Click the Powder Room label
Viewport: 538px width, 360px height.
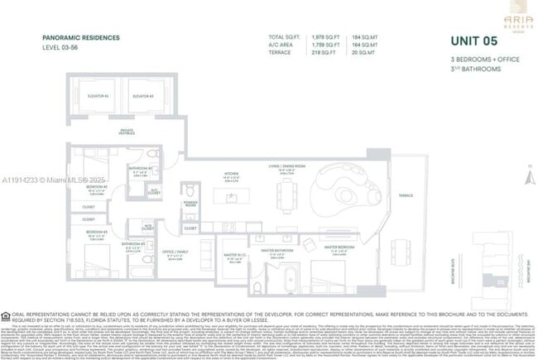point(190,201)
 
